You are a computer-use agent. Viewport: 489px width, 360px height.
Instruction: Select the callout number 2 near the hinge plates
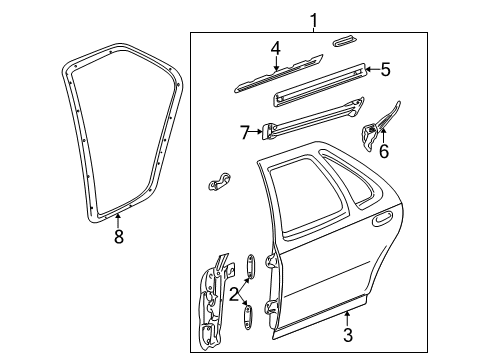pyautogui.click(x=233, y=293)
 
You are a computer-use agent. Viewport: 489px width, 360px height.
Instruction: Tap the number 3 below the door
pyautogui.click(x=347, y=336)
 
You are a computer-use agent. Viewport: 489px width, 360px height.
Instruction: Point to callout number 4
pyautogui.click(x=275, y=48)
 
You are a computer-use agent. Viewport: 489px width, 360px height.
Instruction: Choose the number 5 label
pyautogui.click(x=384, y=69)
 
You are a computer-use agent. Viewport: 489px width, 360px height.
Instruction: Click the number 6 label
pyautogui.click(x=383, y=152)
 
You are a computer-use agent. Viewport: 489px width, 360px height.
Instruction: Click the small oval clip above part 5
pyautogui.click(x=343, y=41)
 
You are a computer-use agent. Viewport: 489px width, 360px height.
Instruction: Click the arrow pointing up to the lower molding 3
pyautogui.click(x=347, y=317)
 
